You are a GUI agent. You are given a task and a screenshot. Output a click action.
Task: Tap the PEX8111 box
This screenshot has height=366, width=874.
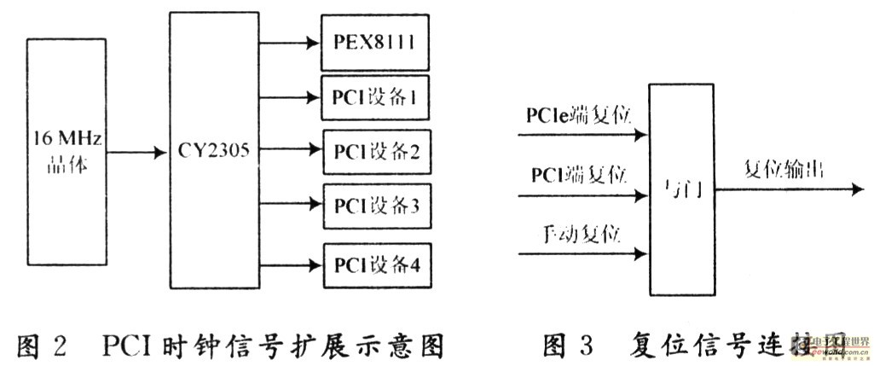[373, 41]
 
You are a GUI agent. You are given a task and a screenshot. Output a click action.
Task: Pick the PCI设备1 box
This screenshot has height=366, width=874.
[373, 96]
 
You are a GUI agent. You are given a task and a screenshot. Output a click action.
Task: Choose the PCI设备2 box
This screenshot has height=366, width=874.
[373, 151]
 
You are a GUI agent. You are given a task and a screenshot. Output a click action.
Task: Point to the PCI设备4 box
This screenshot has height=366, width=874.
[373, 263]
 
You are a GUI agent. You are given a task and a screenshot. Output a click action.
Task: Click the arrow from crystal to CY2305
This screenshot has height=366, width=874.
[136, 152]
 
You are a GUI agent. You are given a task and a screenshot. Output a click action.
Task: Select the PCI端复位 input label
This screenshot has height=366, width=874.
[579, 176]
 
